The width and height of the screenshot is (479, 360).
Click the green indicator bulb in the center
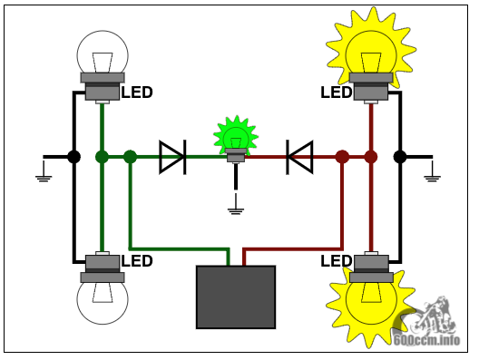point(236,138)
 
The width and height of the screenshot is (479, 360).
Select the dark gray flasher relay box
point(236,297)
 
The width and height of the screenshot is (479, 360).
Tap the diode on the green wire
point(173,157)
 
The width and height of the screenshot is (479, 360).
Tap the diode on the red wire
point(299,157)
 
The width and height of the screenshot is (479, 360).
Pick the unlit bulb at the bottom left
point(103,287)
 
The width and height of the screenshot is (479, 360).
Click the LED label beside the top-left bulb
point(137,92)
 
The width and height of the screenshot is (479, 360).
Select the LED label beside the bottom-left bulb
point(137,261)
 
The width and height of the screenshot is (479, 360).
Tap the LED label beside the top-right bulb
point(336,92)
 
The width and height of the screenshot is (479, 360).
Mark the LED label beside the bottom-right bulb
point(336,261)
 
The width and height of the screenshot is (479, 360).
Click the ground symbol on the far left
point(44,171)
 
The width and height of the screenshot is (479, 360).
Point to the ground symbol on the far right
point(432,171)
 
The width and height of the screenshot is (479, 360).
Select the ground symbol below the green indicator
point(236,204)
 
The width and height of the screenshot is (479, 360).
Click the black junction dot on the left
point(73,157)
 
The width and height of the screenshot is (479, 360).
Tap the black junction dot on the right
point(400,157)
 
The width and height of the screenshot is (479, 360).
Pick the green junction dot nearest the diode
point(130,157)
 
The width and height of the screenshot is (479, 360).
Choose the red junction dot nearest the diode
point(342,157)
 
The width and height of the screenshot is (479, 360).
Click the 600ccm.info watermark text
point(426,340)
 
